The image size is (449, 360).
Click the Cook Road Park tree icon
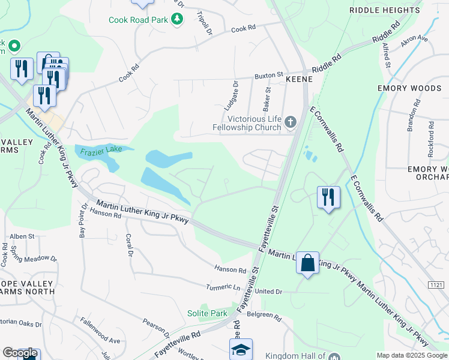(x=177, y=20)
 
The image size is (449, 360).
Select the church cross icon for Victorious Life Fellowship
(x=291, y=123)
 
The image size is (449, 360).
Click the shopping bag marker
(x=307, y=263)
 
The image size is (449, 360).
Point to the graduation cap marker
(x=241, y=349)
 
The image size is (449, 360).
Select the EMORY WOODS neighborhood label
(x=409, y=88)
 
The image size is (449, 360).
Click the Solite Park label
(x=214, y=313)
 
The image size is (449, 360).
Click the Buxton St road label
(x=268, y=76)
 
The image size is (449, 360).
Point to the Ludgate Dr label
(x=235, y=96)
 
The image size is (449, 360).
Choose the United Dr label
(x=268, y=291)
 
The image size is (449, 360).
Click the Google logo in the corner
(x=20, y=353)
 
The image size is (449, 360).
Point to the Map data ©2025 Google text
(x=411, y=355)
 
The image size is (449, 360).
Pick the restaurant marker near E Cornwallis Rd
(x=328, y=197)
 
